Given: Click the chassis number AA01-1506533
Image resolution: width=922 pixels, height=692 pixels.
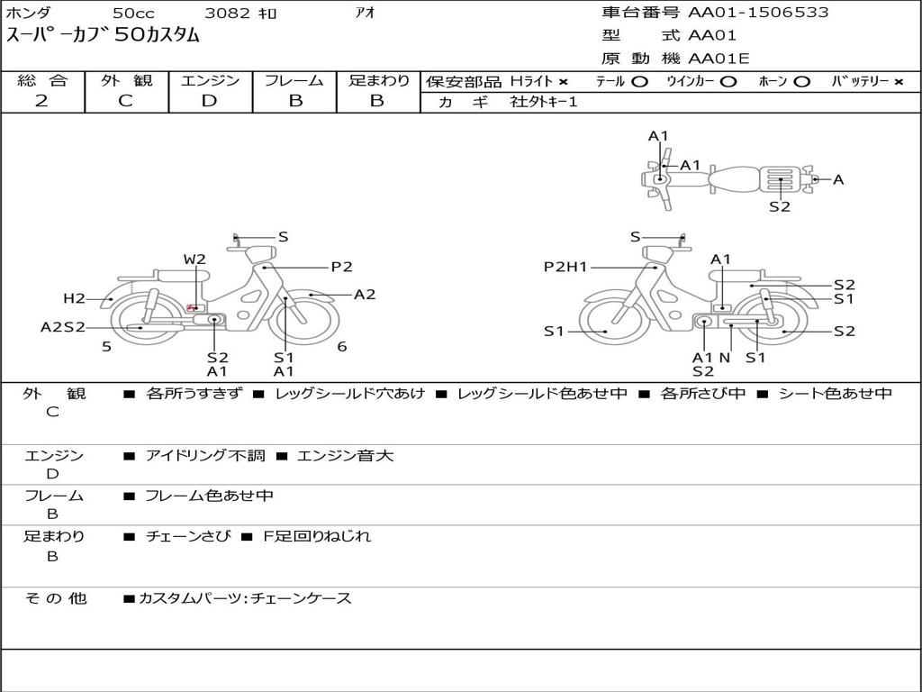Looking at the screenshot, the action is point(758,13).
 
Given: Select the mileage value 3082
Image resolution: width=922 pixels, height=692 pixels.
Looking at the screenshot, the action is point(229,14).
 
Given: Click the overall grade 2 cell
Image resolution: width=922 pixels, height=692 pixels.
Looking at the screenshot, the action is point(41,101).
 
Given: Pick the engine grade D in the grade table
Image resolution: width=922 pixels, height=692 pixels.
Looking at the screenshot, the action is point(210,101).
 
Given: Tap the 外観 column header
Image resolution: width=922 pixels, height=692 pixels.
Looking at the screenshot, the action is point(126,80).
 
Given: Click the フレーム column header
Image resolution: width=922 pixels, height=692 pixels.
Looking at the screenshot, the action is point(294,80).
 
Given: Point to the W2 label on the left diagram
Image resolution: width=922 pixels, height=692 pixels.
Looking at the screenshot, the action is point(194,259).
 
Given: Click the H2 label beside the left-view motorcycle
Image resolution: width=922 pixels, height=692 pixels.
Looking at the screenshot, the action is point(74,298).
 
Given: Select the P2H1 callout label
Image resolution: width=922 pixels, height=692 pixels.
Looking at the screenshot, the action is point(565,267).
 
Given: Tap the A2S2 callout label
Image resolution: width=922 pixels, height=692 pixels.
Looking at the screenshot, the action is point(63,327).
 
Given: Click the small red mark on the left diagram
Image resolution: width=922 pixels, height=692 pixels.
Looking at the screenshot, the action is point(192,308).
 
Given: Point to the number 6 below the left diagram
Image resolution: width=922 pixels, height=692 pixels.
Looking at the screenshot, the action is point(342,346).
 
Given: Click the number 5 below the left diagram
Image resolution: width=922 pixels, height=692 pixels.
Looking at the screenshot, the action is point(106,346).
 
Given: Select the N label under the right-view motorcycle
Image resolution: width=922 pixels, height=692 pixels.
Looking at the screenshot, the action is point(725,357).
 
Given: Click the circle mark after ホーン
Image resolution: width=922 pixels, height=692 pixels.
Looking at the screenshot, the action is point(802,81).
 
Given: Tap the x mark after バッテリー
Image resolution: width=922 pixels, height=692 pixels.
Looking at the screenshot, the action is point(898,81).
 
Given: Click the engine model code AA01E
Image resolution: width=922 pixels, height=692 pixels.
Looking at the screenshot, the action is point(719,59).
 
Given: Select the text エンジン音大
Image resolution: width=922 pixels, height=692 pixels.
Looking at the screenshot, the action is point(345,456).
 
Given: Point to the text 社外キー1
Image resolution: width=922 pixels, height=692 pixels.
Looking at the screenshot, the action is point(544,102).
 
